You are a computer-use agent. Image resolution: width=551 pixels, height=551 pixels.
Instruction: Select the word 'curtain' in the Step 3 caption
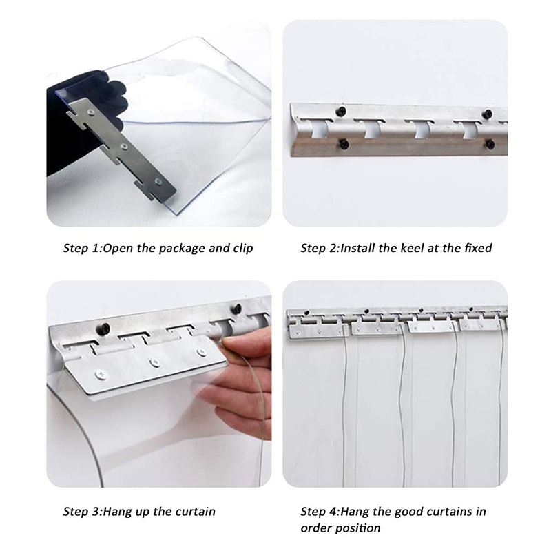tap(196, 512)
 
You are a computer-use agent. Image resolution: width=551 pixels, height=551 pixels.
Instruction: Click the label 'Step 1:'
tap(83, 249)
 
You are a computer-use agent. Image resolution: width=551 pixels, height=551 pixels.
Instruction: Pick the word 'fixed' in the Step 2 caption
tap(478, 248)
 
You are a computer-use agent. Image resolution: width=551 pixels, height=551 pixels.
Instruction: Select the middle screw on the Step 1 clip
tap(123, 146)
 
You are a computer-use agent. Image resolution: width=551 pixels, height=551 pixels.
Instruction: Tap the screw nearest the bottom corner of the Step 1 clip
tap(158, 182)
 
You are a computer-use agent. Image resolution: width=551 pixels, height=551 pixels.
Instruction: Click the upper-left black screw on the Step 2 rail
tap(341, 112)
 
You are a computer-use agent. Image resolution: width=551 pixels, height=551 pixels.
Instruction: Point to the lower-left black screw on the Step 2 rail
tap(343, 143)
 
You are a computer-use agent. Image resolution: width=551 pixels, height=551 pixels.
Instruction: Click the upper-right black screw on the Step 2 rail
tap(488, 114)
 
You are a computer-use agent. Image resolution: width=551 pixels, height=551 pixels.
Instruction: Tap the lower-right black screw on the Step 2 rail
tap(490, 144)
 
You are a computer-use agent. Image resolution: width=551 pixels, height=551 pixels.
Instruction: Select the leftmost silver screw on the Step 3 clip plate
tap(101, 375)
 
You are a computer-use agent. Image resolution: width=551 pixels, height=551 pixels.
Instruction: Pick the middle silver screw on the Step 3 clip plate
tap(154, 363)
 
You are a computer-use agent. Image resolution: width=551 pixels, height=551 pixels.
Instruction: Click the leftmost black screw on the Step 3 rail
tap(103, 329)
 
